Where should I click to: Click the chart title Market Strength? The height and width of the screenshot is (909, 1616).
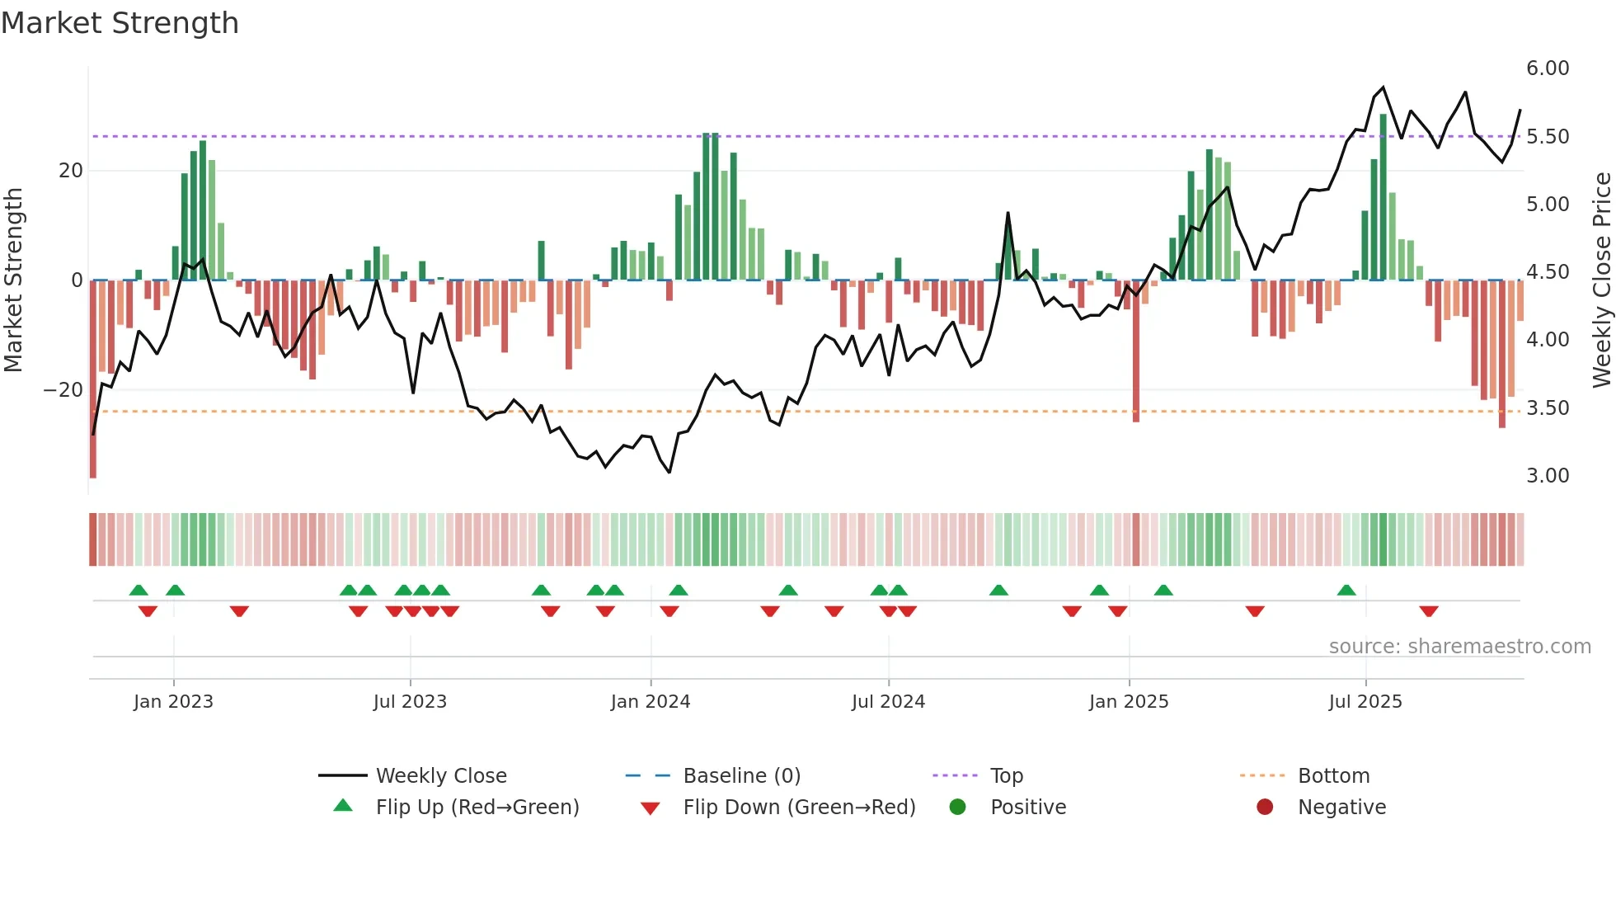click(120, 23)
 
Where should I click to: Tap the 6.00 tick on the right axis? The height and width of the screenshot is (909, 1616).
click(1548, 68)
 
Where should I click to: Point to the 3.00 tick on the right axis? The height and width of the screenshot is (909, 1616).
click(1548, 476)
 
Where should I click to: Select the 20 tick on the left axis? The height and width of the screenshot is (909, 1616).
click(71, 171)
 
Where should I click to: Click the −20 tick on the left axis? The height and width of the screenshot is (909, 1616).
click(63, 390)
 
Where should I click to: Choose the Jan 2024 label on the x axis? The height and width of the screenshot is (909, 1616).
click(651, 702)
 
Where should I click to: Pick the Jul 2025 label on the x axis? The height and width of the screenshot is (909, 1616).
click(1365, 702)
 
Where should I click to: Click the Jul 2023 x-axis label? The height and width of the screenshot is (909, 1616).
click(410, 702)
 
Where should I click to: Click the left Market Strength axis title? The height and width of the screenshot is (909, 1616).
click(13, 280)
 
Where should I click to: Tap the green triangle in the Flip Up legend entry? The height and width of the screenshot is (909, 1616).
click(343, 806)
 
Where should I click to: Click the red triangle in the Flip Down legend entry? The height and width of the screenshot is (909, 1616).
click(650, 808)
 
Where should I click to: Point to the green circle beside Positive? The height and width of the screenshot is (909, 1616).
click(957, 807)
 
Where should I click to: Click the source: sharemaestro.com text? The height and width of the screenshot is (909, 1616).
click(1459, 647)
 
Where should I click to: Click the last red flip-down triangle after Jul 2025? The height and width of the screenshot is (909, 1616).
click(1429, 611)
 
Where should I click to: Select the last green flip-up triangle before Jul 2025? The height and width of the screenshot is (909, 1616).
click(1346, 591)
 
